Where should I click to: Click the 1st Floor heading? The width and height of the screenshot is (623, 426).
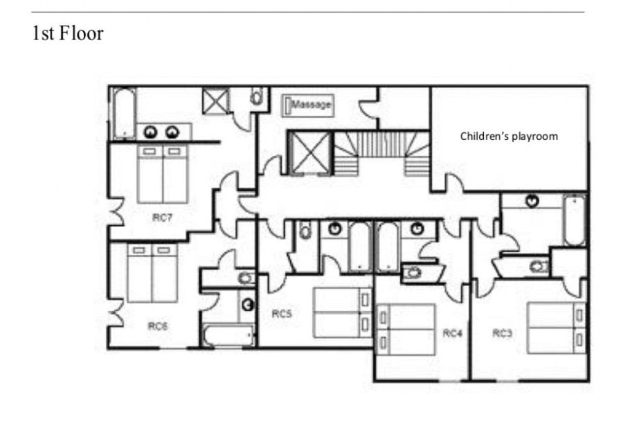point(68,33)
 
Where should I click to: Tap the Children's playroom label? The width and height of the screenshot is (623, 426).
point(509,136)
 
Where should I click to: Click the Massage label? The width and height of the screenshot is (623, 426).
point(311,105)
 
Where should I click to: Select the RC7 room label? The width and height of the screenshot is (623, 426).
point(162,218)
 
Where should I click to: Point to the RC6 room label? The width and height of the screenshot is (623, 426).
point(158,326)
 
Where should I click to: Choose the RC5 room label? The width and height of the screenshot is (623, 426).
point(282,314)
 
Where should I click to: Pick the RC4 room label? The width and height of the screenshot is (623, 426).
point(453,333)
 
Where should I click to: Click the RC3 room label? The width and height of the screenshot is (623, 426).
point(503,333)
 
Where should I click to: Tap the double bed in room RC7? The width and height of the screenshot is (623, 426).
point(163,175)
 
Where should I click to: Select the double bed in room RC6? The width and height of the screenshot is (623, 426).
point(152,273)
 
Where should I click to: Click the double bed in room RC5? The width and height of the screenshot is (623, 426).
point(343,312)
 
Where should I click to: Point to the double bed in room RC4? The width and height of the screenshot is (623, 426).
point(406,330)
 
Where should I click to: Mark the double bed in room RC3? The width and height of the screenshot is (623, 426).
point(557,328)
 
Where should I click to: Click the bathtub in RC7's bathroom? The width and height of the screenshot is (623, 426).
point(125,113)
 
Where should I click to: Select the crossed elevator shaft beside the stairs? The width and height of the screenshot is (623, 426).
point(311,154)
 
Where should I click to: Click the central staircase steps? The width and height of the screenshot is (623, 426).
point(381,154)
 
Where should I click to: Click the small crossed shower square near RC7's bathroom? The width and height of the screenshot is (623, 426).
point(216,100)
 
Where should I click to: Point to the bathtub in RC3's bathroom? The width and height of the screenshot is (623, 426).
point(574,220)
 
